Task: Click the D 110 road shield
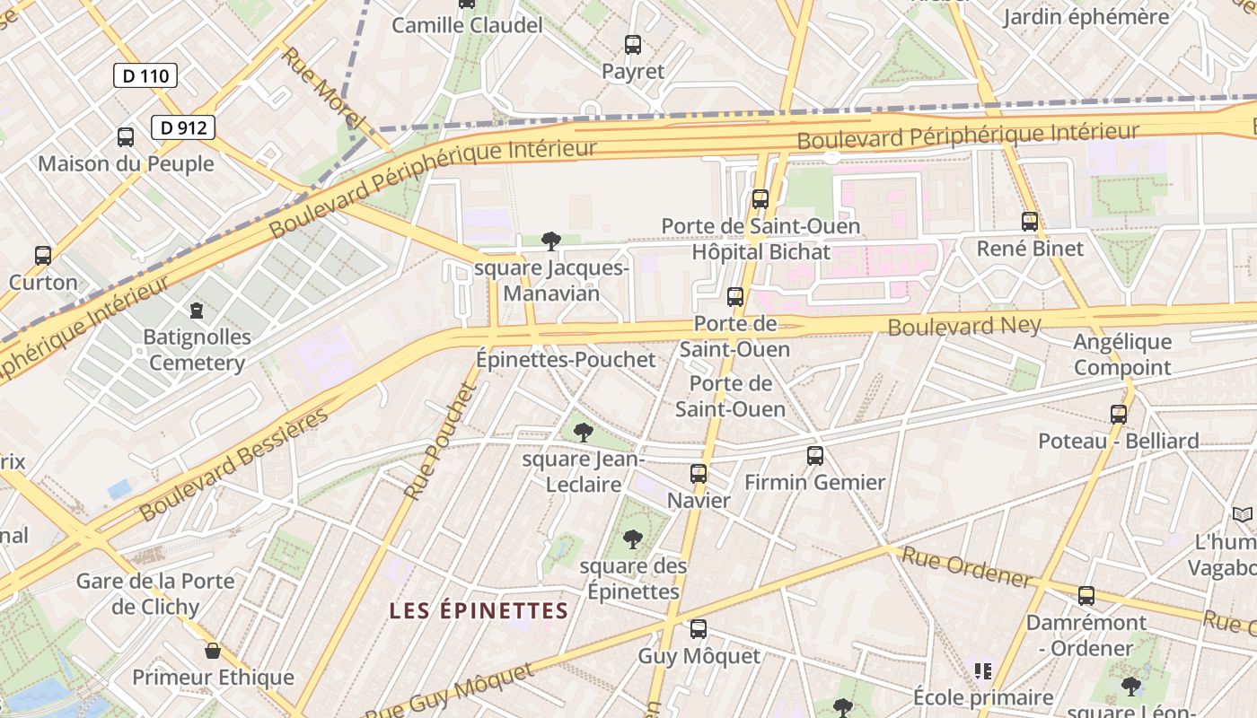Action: tap(145, 75)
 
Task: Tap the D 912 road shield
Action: tap(183, 127)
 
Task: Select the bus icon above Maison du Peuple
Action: tap(126, 137)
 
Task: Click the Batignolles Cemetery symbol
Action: tap(197, 311)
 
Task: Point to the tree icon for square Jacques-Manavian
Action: tap(551, 241)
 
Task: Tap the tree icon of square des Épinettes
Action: tap(633, 539)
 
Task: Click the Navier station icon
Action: tap(699, 474)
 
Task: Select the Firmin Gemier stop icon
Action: tap(815, 456)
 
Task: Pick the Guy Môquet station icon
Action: tap(699, 629)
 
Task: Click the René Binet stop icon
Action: tap(1030, 221)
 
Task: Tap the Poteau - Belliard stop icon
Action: tap(1119, 414)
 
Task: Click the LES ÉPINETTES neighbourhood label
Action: tap(479, 611)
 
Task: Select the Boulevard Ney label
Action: tap(964, 325)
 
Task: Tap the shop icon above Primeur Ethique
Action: tap(213, 651)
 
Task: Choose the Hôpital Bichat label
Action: tap(761, 252)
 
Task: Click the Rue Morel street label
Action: tap(324, 87)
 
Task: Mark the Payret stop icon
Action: tap(633, 45)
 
